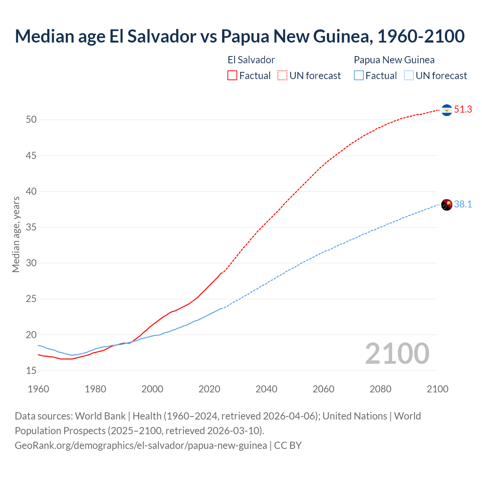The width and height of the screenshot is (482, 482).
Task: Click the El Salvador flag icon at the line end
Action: click(447, 110)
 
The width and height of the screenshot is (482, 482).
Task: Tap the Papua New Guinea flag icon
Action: click(447, 205)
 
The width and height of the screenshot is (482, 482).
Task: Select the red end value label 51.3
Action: click(463, 110)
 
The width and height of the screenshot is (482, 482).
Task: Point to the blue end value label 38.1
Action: click(463, 204)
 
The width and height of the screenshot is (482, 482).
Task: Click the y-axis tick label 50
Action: click(31, 120)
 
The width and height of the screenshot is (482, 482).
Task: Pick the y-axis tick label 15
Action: click(31, 371)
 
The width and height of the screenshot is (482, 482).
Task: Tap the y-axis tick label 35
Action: click(31, 227)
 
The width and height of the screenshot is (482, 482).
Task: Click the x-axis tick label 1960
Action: click(38, 389)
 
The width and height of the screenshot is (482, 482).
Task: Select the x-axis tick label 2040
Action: click(267, 389)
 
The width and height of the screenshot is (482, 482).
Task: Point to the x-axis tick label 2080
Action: click(380, 389)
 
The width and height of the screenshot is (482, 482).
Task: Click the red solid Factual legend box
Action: click(232, 76)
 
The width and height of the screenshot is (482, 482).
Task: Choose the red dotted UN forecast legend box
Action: click(282, 76)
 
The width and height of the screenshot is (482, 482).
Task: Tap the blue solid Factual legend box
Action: click(359, 76)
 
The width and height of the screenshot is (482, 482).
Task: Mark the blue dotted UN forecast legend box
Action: click(409, 76)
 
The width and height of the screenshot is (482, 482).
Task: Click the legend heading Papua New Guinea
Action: click(394, 60)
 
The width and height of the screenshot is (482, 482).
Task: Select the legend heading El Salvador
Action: click(251, 60)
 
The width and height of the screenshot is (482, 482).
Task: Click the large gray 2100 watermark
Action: click(397, 354)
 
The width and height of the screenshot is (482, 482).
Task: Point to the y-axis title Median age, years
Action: click(16, 234)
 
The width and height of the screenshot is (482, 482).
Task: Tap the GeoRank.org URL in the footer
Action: click(141, 445)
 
